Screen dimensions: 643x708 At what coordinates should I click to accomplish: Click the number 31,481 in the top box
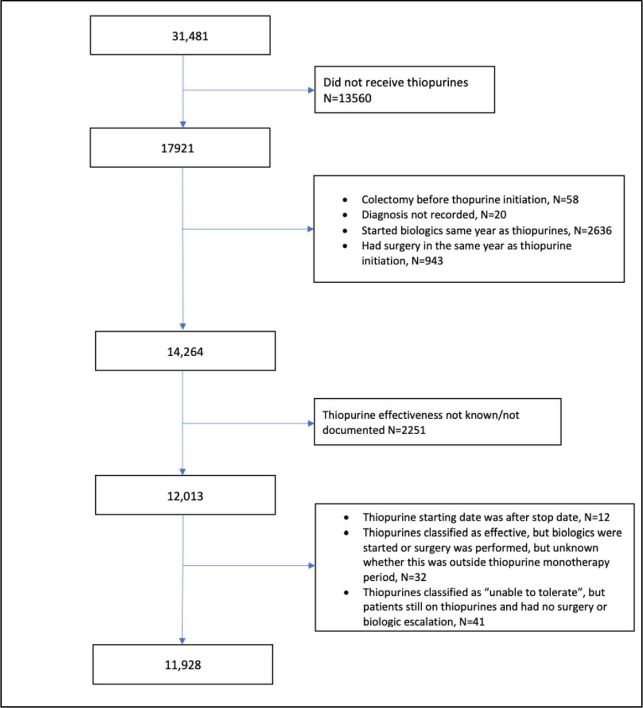190,37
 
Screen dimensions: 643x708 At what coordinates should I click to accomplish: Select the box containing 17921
180,148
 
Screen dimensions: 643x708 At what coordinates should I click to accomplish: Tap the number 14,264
185,352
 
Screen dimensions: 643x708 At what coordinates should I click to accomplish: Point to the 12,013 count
185,496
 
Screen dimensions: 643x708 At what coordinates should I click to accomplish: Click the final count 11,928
183,665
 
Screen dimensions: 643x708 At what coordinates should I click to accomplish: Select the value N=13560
348,98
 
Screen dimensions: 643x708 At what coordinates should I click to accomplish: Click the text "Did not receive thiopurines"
396,82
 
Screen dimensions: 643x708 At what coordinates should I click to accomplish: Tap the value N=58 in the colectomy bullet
566,200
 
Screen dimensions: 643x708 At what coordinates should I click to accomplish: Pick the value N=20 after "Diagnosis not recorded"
493,215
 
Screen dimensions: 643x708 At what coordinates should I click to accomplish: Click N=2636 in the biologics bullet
593,231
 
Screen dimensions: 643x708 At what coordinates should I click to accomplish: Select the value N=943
427,261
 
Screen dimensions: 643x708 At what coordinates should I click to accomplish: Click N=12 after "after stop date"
597,517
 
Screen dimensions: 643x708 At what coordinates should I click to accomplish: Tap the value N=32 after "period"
413,577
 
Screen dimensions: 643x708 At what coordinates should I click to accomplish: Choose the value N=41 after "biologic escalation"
472,622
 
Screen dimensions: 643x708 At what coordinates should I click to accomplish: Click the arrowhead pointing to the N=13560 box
312,90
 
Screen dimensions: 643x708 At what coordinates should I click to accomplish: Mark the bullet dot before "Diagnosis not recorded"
345,215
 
